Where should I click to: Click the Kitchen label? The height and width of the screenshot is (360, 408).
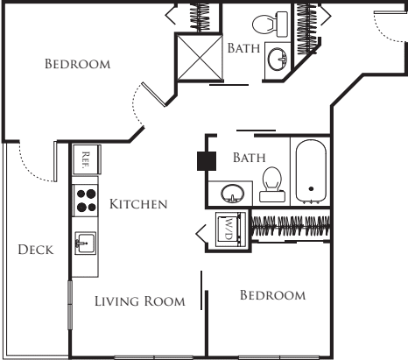(137, 205)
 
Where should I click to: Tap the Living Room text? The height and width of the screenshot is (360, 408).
(140, 302)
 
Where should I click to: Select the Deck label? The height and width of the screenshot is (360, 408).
(36, 251)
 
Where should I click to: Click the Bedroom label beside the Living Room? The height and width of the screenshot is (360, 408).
(272, 296)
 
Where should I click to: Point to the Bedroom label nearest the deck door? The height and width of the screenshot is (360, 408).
(77, 65)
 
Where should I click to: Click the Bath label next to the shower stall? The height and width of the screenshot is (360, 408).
(243, 50)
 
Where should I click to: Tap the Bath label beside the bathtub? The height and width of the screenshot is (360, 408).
(249, 159)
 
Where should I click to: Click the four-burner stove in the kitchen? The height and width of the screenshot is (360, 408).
(85, 201)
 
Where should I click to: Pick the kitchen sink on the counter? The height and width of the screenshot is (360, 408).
(85, 241)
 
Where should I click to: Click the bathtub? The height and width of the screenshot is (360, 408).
(310, 173)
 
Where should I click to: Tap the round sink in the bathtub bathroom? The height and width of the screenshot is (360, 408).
(232, 193)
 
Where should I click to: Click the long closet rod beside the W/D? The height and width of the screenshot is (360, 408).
(292, 224)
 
